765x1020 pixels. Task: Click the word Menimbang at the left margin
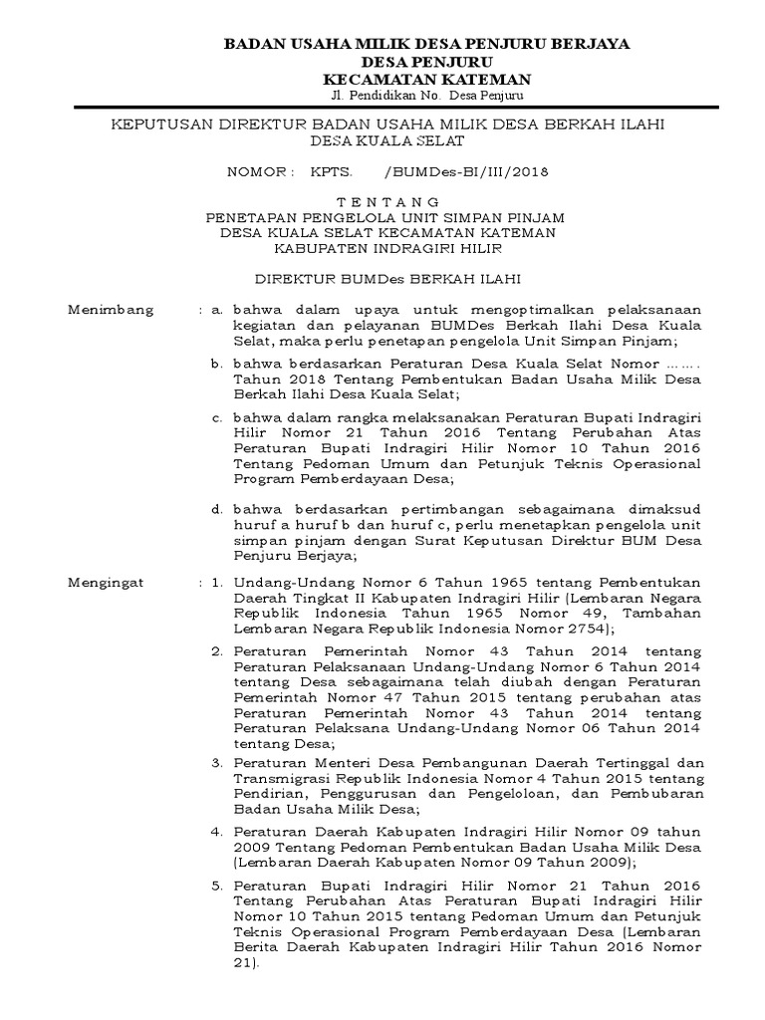point(111,310)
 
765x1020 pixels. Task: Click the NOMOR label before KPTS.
point(261,170)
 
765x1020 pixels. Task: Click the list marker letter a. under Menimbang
point(216,310)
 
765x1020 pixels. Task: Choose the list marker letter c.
point(216,413)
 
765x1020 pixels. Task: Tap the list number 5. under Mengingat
point(217,886)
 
